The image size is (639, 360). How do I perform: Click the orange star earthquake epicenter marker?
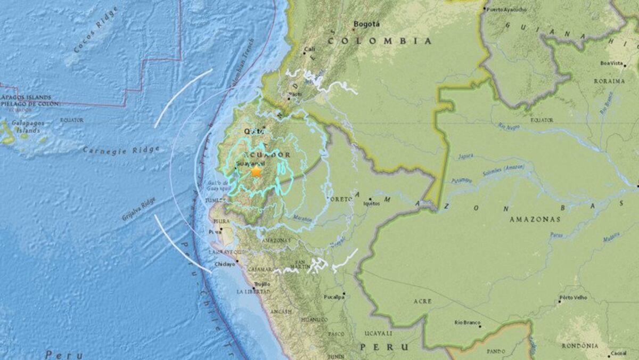[x=256, y=171]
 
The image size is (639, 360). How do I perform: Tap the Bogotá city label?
[x=367, y=24]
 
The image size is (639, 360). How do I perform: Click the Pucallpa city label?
[x=332, y=297]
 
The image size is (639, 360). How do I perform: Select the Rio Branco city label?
[x=468, y=323]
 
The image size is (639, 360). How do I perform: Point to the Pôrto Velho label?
[x=573, y=297]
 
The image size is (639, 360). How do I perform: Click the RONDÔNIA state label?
[x=579, y=346]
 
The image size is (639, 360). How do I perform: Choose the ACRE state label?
[x=423, y=301]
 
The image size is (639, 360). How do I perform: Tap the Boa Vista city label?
[x=611, y=63]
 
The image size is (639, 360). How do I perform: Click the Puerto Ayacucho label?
[x=507, y=9]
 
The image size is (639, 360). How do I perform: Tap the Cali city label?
[x=309, y=50]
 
